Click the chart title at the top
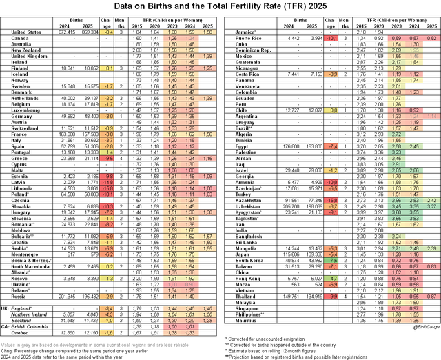(220, 6)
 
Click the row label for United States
(26, 32)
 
